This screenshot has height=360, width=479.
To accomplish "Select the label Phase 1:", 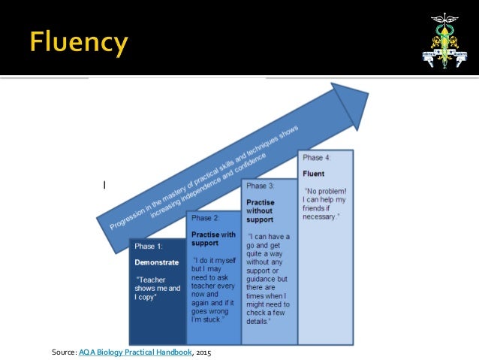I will (x=147, y=247).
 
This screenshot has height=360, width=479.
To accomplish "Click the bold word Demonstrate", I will (x=156, y=262).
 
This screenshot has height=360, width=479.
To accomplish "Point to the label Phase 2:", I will (x=205, y=218).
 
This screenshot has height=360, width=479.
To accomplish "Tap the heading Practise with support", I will (x=213, y=239).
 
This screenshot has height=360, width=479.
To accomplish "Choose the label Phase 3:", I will (x=261, y=186).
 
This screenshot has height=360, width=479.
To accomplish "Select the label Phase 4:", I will (x=316, y=158).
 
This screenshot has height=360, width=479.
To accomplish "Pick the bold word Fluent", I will (x=314, y=174).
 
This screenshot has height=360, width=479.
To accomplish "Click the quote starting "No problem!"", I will (x=324, y=203).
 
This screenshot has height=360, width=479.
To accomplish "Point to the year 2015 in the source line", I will (x=203, y=350).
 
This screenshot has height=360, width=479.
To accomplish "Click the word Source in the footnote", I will (x=63, y=350).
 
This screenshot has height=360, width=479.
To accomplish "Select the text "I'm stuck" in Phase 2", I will (x=208, y=320).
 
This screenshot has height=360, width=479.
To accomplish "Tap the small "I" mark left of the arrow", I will (x=104, y=184).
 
